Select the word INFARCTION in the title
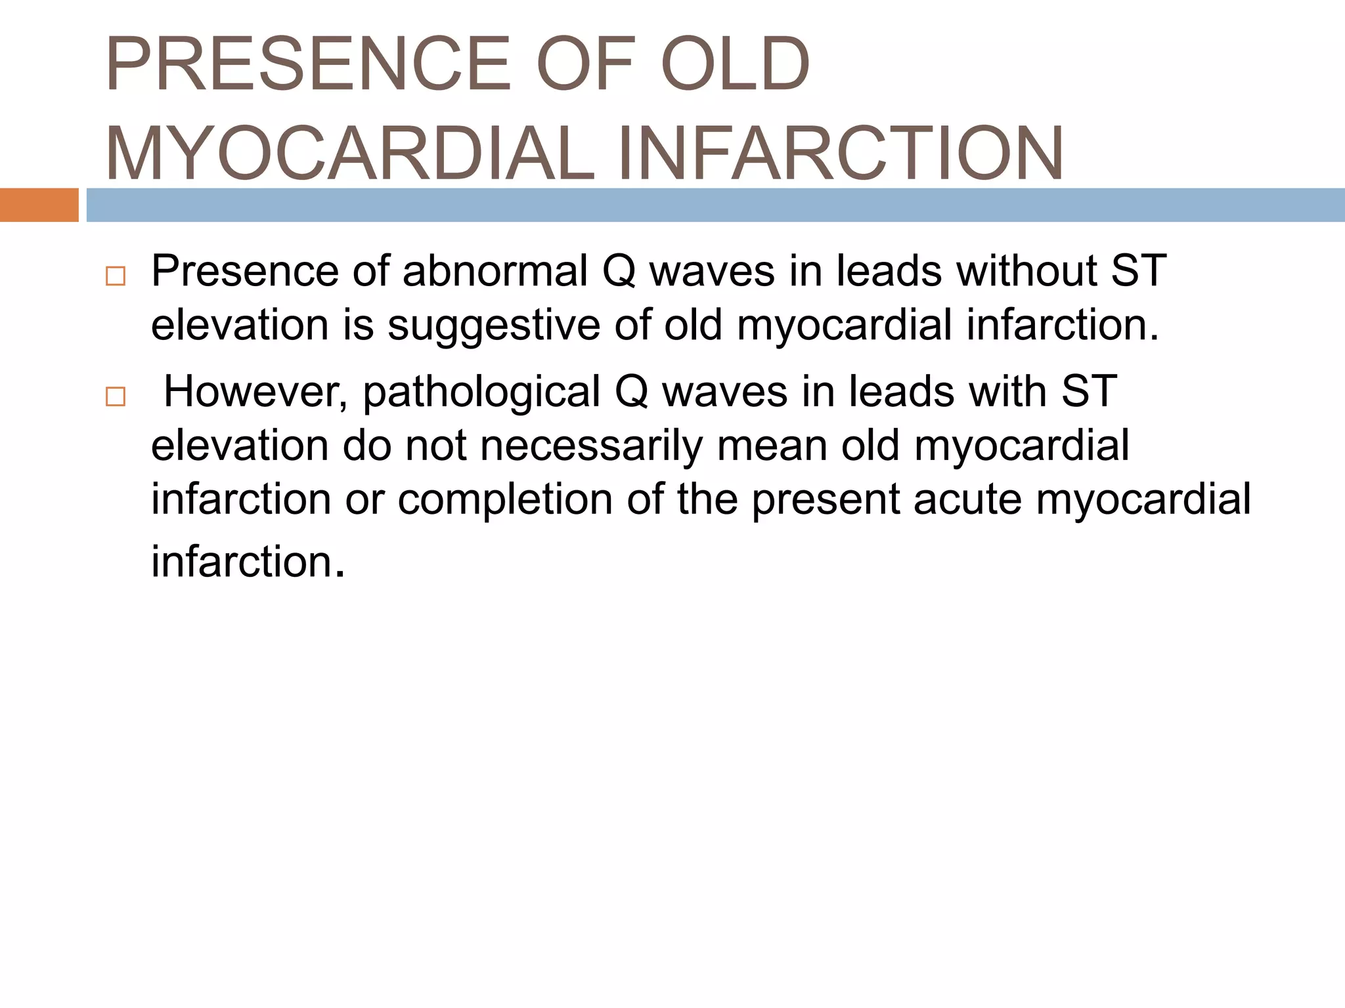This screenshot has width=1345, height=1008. [x=841, y=154]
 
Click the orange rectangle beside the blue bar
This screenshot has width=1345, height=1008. [x=39, y=205]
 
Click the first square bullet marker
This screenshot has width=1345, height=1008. [x=116, y=276]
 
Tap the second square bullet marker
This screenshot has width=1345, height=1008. [x=116, y=397]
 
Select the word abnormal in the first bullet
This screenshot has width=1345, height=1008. [x=495, y=270]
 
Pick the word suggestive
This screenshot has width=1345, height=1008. [x=494, y=325]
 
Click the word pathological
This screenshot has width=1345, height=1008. [x=481, y=391]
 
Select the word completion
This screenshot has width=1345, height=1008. [x=506, y=499]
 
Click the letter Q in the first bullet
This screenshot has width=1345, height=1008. [x=619, y=270]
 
